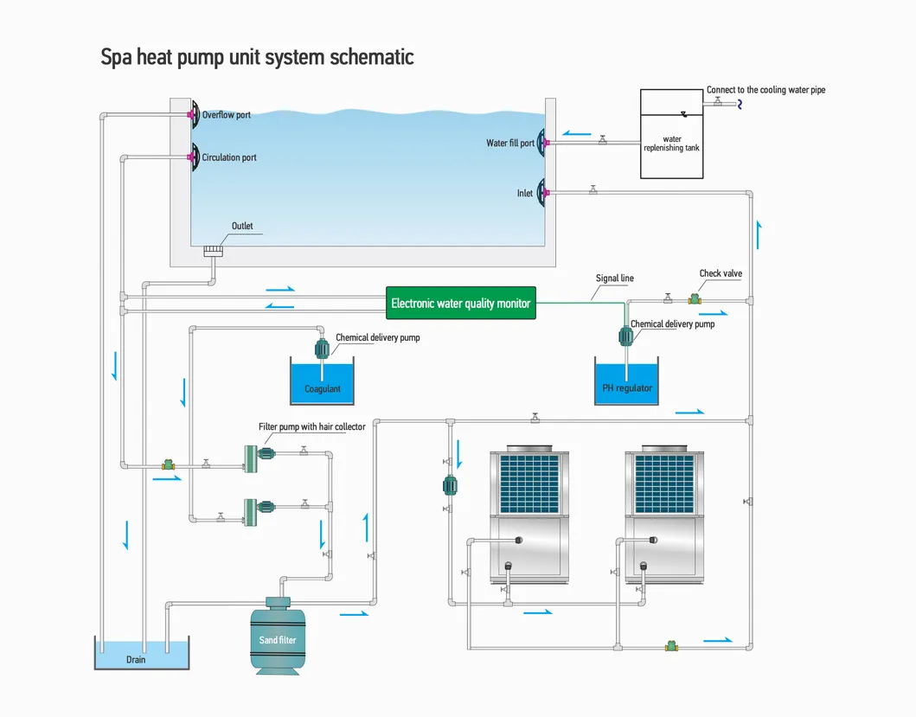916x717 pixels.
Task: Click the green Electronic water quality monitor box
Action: tap(460, 304)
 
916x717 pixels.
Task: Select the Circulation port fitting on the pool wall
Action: tap(192, 157)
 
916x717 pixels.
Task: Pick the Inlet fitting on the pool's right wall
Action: tap(543, 193)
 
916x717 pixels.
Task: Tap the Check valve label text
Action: tap(721, 274)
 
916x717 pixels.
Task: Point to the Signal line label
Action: tap(614, 278)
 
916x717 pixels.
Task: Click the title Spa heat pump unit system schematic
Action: tap(258, 57)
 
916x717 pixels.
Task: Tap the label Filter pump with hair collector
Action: tap(311, 426)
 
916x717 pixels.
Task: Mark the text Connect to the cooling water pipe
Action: tap(765, 90)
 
